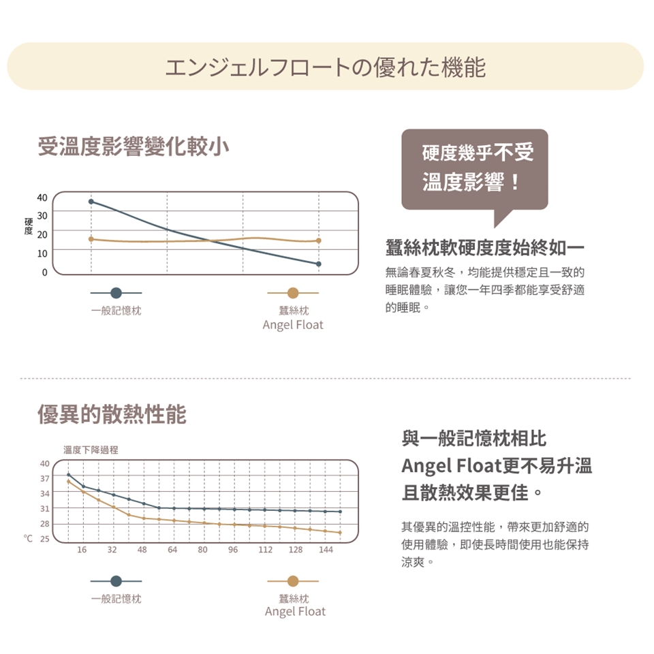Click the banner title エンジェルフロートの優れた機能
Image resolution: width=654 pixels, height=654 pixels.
point(326,67)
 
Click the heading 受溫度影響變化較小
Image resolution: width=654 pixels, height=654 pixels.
point(134,146)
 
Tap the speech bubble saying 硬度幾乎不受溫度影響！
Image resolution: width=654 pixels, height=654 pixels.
point(475,168)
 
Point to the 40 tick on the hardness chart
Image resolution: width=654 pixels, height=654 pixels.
point(43,198)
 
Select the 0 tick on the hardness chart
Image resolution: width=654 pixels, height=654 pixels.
point(45,272)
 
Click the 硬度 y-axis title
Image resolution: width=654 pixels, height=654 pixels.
point(28,227)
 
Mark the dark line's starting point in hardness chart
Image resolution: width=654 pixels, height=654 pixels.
point(91,202)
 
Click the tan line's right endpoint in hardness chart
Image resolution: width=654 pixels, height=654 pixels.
point(318,240)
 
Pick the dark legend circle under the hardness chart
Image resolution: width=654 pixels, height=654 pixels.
point(116,292)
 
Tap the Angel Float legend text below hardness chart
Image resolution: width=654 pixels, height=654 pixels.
point(293,325)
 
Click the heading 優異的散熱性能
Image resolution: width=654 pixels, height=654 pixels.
point(112,414)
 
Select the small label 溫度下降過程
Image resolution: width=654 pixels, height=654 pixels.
point(91,450)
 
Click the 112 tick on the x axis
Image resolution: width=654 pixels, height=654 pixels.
point(266,549)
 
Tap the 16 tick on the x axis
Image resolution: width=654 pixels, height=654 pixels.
point(82,549)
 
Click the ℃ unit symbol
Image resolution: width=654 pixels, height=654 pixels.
point(28,540)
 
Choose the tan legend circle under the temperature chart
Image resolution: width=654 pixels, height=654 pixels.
point(293,581)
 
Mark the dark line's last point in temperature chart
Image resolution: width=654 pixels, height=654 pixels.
point(340,512)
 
